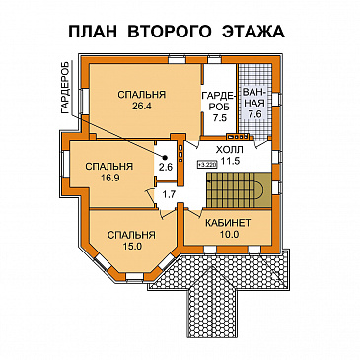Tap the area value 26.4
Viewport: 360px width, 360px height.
(x=141, y=108)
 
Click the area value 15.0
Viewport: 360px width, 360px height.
(x=129, y=247)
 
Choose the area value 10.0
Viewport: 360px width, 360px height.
(x=228, y=236)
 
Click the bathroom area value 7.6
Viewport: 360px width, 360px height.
(x=255, y=114)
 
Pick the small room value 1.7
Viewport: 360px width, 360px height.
(x=168, y=195)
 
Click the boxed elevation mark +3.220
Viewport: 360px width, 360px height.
(x=207, y=165)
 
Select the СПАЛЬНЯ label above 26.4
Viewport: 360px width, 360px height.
(x=141, y=95)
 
